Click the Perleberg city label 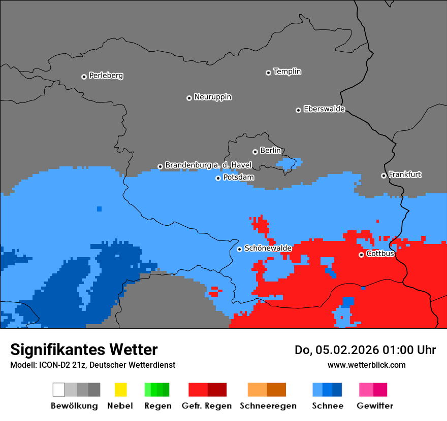click(106, 76)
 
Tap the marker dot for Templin click(268, 73)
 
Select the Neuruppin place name click(212, 97)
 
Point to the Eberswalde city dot click(298, 110)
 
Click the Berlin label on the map click(270, 151)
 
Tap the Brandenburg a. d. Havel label click(208, 165)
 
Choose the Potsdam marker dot click(218, 178)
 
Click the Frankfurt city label click(405, 174)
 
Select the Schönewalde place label click(268, 248)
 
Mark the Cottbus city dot click(361, 255)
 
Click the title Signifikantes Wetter click(84, 349)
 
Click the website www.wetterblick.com click(366, 365)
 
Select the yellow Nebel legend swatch click(120, 390)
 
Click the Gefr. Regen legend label click(206, 406)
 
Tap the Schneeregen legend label click(268, 406)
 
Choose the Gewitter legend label click(374, 406)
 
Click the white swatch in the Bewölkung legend click(59, 390)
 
